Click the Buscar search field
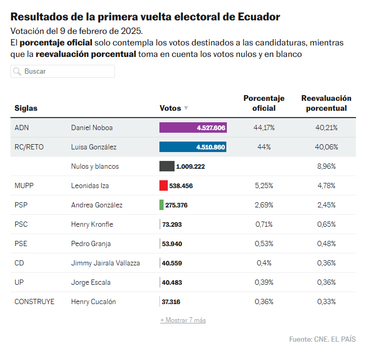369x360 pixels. [63, 71]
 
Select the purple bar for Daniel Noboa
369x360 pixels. [192, 127]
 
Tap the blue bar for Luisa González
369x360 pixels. [192, 147]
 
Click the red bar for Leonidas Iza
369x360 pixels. [164, 185]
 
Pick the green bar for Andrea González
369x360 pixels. [162, 205]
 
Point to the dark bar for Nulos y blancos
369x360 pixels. [167, 166]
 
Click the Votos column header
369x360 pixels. [170, 108]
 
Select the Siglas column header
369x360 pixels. [26, 108]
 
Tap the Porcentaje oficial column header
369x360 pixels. [264, 103]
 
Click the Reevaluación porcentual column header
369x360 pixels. [326, 103]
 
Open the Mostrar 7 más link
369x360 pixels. [183, 320]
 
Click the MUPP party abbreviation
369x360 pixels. [25, 185]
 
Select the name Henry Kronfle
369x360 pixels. [92, 224]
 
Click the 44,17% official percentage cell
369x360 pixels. [264, 127]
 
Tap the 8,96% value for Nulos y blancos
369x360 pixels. [326, 166]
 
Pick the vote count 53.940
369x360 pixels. [172, 243]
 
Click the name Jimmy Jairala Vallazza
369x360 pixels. [106, 263]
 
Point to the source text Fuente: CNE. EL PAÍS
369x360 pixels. [322, 339]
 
